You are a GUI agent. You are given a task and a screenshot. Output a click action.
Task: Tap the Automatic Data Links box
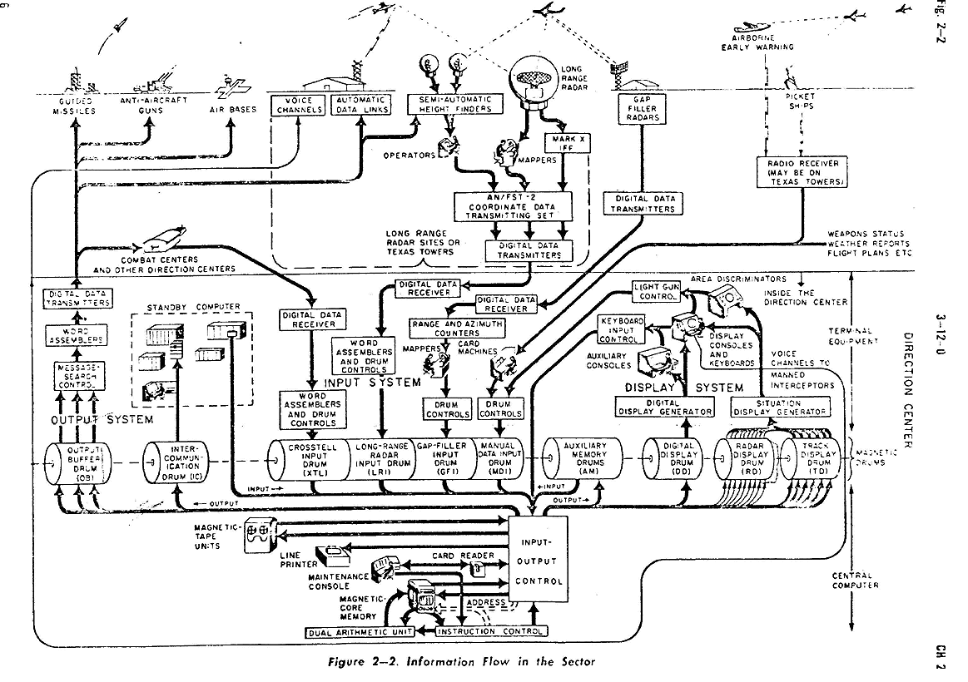point(360,105)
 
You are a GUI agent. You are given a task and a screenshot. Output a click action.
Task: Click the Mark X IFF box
point(566,142)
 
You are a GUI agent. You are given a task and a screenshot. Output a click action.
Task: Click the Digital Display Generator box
point(664,407)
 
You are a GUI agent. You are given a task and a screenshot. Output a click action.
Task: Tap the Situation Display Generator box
point(780,407)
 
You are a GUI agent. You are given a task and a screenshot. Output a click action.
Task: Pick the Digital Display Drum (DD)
point(674,460)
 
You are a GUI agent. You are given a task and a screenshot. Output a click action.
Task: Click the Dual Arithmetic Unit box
point(369,632)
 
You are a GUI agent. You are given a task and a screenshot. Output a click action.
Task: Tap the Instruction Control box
point(490,632)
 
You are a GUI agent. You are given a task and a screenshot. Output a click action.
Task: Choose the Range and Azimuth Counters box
point(457,327)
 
